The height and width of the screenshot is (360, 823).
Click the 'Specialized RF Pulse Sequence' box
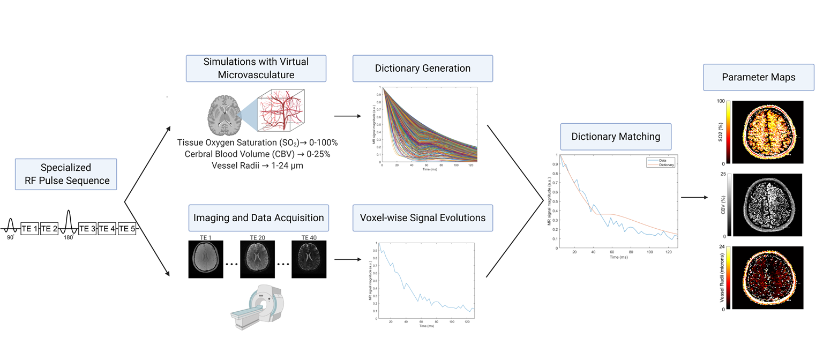[x=65, y=174]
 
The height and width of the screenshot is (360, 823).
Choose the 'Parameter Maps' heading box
[x=758, y=77]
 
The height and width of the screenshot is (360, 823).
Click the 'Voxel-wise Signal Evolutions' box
[x=423, y=217]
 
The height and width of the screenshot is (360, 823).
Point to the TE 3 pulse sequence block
[x=88, y=228]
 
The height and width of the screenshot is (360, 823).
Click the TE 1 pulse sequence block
[x=30, y=228]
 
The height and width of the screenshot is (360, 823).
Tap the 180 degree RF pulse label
[x=69, y=237]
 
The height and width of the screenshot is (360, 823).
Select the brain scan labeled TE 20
[x=257, y=259]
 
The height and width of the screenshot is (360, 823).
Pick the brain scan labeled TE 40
[x=309, y=259]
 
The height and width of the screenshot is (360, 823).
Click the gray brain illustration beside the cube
[x=224, y=115]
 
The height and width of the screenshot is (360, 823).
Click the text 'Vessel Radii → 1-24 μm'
[x=257, y=164]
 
